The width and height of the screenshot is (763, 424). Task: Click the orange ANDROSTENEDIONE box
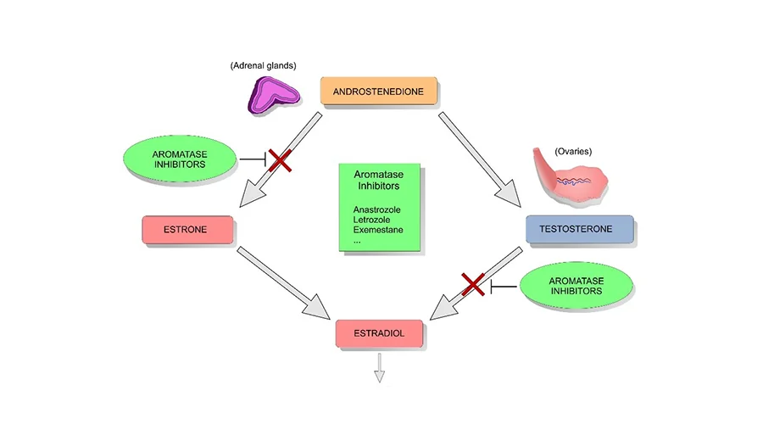pyautogui.click(x=378, y=91)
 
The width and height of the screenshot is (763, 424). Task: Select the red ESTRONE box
pyautogui.click(x=187, y=229)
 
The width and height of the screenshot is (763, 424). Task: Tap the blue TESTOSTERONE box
pyautogui.click(x=579, y=229)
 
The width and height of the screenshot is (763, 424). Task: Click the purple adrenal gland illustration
pyautogui.click(x=273, y=95)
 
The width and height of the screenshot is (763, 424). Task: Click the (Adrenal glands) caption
pyautogui.click(x=262, y=66)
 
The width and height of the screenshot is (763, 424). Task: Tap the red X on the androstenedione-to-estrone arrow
pyautogui.click(x=279, y=159)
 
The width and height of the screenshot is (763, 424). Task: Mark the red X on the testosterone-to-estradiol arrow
pyautogui.click(x=473, y=285)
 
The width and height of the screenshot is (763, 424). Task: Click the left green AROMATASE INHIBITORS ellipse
pyautogui.click(x=178, y=159)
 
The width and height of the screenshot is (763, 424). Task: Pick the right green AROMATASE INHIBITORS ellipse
pyautogui.click(x=576, y=285)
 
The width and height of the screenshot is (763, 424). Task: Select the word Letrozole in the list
pyautogui.click(x=372, y=220)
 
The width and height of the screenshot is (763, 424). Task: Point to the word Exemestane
pyautogui.click(x=378, y=231)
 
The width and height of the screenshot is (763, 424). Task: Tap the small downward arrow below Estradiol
pyautogui.click(x=380, y=367)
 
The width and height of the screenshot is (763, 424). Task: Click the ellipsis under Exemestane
pyautogui.click(x=357, y=241)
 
